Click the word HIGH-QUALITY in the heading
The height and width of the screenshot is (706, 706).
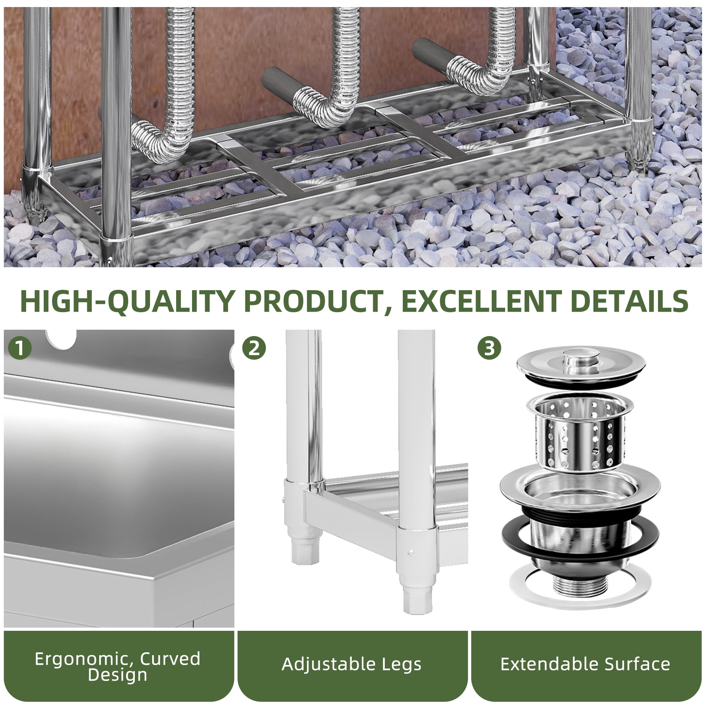(x=127, y=301)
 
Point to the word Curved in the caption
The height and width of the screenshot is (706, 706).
(x=170, y=658)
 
